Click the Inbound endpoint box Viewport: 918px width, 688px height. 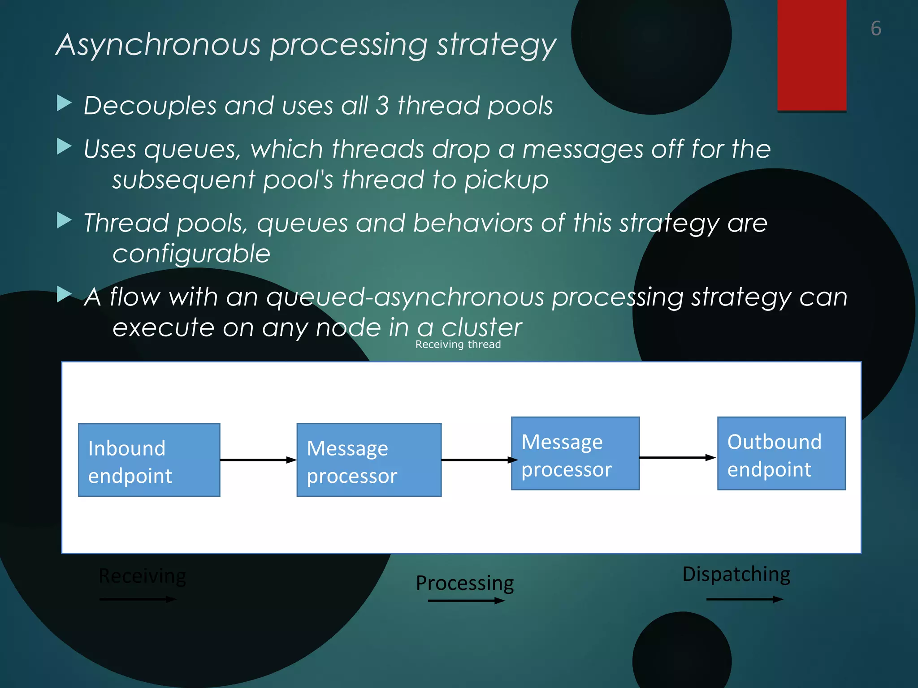[149, 460]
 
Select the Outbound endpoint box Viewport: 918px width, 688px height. [781, 453]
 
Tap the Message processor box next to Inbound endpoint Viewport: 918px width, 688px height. [368, 460]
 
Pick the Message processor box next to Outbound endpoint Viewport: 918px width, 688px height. [575, 453]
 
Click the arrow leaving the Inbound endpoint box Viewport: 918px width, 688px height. [258, 460]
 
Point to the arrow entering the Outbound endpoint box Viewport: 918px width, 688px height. [677, 458]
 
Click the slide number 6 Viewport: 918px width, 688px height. [876, 29]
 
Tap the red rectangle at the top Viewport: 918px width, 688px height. [812, 55]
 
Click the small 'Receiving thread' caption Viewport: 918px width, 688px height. [458, 344]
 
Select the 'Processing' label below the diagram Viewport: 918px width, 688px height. [465, 583]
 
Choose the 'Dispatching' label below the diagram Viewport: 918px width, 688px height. [736, 574]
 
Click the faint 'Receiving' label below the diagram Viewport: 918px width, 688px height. [142, 576]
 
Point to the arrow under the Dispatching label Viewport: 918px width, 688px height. [745, 599]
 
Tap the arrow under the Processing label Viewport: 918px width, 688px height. [466, 601]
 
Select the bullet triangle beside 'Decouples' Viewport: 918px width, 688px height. [65, 103]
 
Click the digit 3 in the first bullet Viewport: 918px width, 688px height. [382, 106]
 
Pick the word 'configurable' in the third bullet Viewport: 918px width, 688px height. [191, 254]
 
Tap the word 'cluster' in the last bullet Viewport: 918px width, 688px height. [482, 327]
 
